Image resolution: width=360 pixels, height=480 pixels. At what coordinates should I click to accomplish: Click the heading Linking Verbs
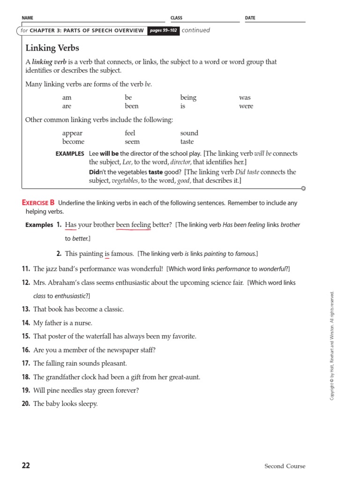[52, 48]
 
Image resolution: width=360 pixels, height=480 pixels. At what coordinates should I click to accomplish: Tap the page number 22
[26, 465]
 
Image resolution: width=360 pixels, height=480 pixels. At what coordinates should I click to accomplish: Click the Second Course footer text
[285, 466]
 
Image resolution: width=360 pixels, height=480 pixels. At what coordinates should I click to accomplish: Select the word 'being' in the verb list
[188, 97]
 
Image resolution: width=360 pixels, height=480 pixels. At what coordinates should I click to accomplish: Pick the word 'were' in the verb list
[246, 106]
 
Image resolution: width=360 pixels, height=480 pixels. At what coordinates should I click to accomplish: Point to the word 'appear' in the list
[72, 133]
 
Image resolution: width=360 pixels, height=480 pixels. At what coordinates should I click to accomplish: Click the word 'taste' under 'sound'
[187, 142]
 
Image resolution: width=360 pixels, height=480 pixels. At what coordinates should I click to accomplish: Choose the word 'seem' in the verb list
[132, 142]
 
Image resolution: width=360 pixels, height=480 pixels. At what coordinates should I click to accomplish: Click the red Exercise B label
[38, 202]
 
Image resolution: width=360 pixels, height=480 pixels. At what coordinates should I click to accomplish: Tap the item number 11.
[26, 269]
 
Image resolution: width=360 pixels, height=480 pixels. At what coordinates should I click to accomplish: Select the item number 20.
[26, 404]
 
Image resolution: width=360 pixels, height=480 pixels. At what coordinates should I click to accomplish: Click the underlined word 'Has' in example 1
[71, 225]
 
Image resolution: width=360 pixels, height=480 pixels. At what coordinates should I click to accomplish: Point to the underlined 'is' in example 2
[107, 254]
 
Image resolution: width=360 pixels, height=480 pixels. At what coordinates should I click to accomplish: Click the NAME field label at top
[28, 18]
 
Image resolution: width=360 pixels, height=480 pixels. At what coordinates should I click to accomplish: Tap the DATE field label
[250, 18]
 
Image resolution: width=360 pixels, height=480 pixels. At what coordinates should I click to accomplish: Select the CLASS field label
[176, 18]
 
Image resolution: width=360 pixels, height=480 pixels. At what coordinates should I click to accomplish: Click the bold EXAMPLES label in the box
[70, 154]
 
